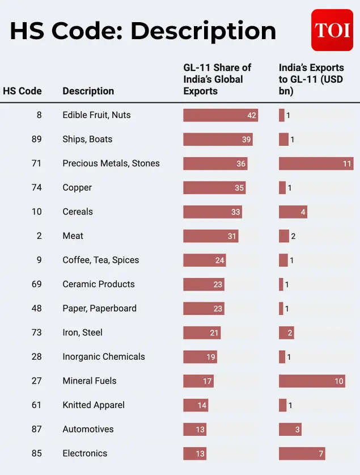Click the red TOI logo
coord(332,30)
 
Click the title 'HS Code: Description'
coord(143,31)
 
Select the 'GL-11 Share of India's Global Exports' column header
coord(217,79)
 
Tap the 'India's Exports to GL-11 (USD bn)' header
coord(311,79)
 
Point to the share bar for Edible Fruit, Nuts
coord(221,115)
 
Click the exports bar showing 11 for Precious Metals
coord(316,163)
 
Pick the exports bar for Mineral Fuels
coord(312,381)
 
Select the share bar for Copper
coord(214,188)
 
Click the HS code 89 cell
coord(36,139)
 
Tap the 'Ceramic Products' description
coord(99,284)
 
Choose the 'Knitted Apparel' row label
coord(94,405)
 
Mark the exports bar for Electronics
coord(302,453)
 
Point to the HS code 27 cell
coord(36,381)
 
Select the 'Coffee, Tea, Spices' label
coord(100,260)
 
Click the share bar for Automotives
coord(194,429)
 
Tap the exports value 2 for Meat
coord(293,236)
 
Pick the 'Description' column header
coord(88,91)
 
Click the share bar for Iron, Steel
coord(202,333)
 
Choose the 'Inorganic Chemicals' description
coord(104,356)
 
